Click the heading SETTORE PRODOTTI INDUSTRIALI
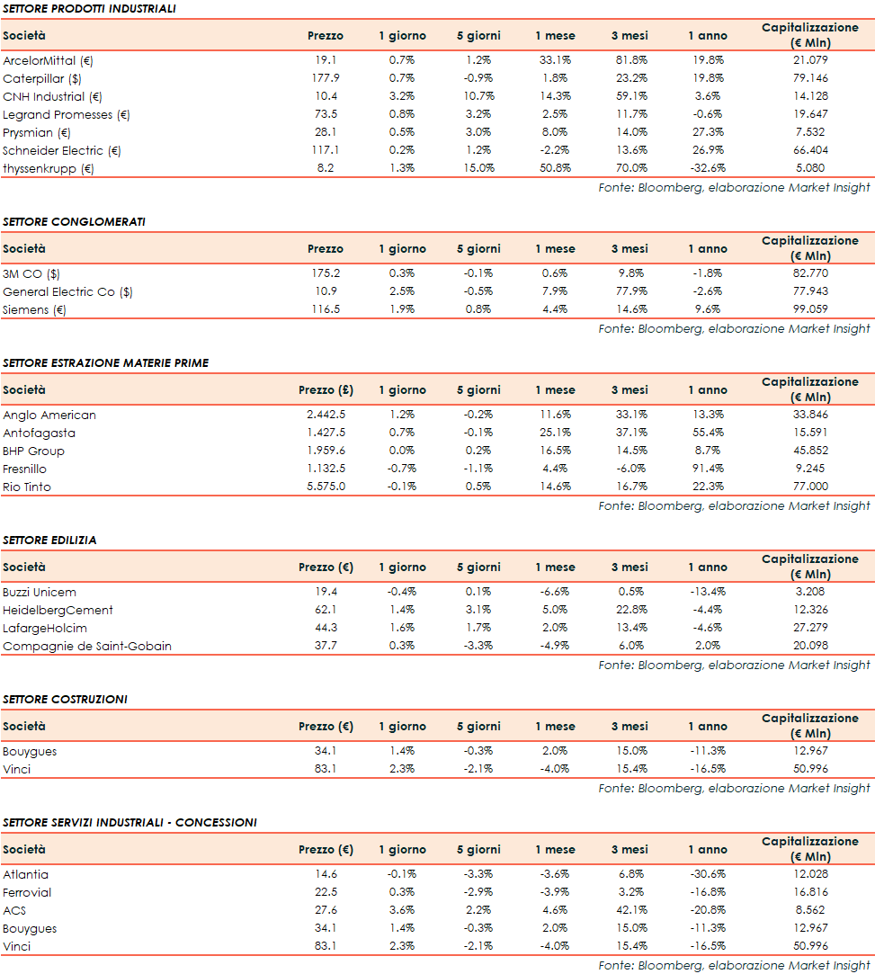[x=88, y=8]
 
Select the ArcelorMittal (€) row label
[x=48, y=60]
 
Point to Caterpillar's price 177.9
[x=325, y=78]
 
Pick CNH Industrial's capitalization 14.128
[x=809, y=96]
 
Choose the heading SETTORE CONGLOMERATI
[x=74, y=221]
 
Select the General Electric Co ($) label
[x=67, y=291]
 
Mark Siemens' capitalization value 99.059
[x=809, y=309]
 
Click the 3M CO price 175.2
[x=325, y=273]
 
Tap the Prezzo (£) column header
[x=325, y=390]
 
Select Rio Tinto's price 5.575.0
[x=325, y=487]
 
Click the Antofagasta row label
[x=39, y=433]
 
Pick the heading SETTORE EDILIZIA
[x=49, y=540]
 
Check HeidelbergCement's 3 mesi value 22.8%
[x=629, y=610]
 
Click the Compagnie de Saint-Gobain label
[x=87, y=646]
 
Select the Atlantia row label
[x=25, y=874]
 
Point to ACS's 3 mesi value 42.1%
[x=629, y=910]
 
